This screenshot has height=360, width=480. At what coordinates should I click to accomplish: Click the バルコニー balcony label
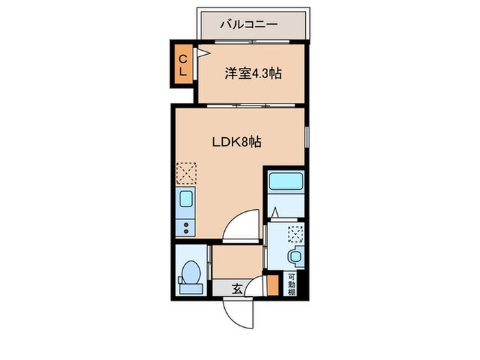tap(248, 24)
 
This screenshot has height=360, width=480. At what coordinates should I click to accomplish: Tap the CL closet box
tap(183, 63)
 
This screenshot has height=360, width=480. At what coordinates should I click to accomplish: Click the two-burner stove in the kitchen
tap(185, 226)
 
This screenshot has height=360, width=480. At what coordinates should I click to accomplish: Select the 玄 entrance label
tap(236, 289)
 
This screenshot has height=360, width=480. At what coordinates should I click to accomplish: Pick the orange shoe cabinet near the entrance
tap(272, 285)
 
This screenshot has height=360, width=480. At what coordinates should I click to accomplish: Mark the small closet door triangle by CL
tap(202, 52)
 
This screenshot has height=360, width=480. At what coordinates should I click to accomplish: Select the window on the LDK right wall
tap(307, 137)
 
